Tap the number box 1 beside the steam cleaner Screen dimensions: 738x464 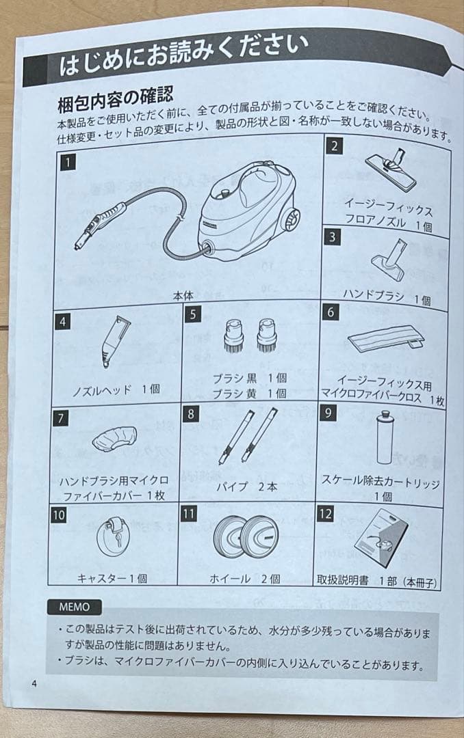pyautogui.click(x=68, y=163)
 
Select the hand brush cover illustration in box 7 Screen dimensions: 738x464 pyautogui.click(x=115, y=437)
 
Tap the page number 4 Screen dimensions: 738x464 pyautogui.click(x=33, y=684)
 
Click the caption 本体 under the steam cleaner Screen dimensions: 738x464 pyautogui.click(x=183, y=295)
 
